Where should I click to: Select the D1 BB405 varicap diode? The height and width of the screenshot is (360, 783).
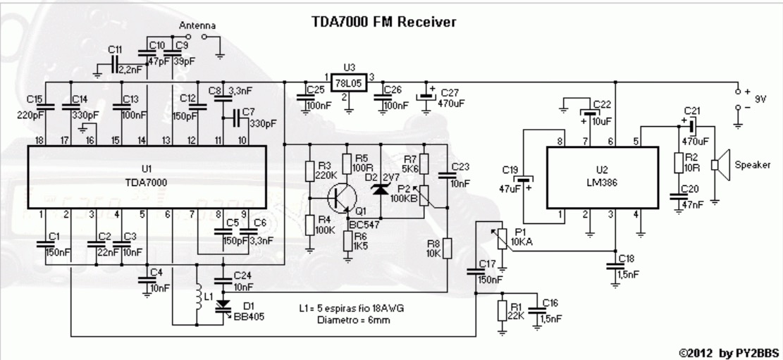225,305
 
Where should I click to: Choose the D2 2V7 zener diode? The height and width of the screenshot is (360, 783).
381,189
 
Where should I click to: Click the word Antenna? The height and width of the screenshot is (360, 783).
197,25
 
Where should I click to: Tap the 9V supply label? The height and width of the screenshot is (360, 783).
758,99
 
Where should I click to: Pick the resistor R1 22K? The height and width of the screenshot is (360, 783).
502,310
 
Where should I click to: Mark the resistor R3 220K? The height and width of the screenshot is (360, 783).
309,170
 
